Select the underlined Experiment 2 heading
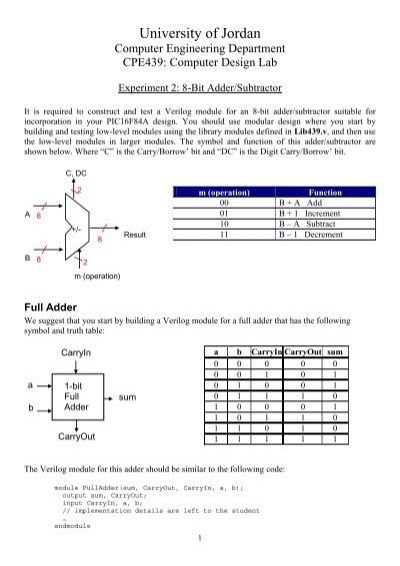click(200, 87)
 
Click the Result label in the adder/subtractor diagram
click(135, 236)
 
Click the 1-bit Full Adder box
click(77, 396)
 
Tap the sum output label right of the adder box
click(127, 396)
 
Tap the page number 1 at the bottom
click(200, 540)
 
